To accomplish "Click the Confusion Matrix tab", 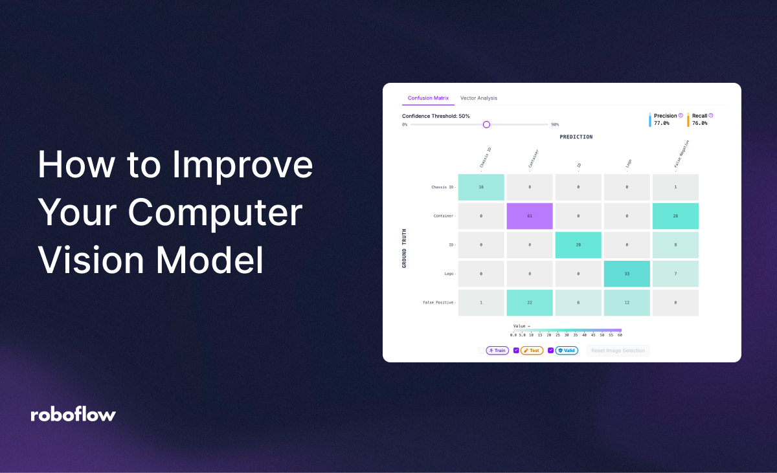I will point(428,98).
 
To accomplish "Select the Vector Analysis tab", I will point(479,98).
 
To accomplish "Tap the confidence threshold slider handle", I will point(486,124).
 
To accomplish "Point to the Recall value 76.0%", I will point(700,123).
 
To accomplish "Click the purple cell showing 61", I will point(530,216).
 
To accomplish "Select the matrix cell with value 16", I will point(481,187).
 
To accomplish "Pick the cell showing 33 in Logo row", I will point(627,274).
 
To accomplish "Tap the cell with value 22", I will point(530,303).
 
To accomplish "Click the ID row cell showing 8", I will point(675,245).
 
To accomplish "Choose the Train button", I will point(497,351).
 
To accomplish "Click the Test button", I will point(532,351).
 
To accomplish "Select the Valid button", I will point(567,351).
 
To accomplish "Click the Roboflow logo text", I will point(73,415).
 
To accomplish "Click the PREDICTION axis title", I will point(576,137).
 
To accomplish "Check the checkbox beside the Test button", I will point(516,351).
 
